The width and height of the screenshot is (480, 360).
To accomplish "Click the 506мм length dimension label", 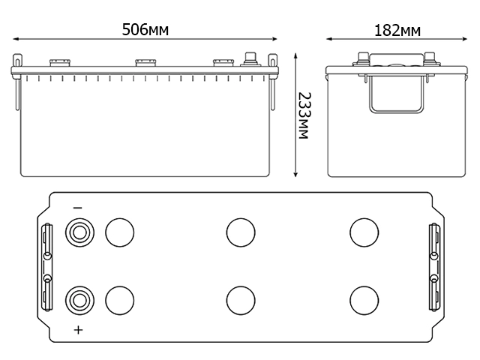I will [x=145, y=30].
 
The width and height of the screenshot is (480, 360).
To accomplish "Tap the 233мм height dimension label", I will [x=304, y=116].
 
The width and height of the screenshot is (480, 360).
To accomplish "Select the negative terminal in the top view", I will [x=79, y=232].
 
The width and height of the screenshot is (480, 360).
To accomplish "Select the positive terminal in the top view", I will [x=79, y=300].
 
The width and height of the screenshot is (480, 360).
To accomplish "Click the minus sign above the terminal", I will [x=78, y=208].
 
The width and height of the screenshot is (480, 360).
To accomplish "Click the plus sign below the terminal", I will [x=78, y=330].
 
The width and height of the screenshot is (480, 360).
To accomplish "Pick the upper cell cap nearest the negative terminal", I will [x=118, y=232].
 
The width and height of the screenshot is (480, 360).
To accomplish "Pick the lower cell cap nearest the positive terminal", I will [x=118, y=300].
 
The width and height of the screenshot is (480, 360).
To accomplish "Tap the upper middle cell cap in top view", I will [x=239, y=232].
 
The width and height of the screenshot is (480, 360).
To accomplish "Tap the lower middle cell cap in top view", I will [x=239, y=300].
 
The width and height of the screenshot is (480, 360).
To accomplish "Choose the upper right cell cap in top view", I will [x=363, y=232].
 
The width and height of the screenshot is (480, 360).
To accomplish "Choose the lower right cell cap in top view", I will [x=363, y=300].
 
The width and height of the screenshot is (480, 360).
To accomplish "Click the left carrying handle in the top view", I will [x=47, y=266].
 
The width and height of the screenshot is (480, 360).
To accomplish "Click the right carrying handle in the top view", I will [x=433, y=266].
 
